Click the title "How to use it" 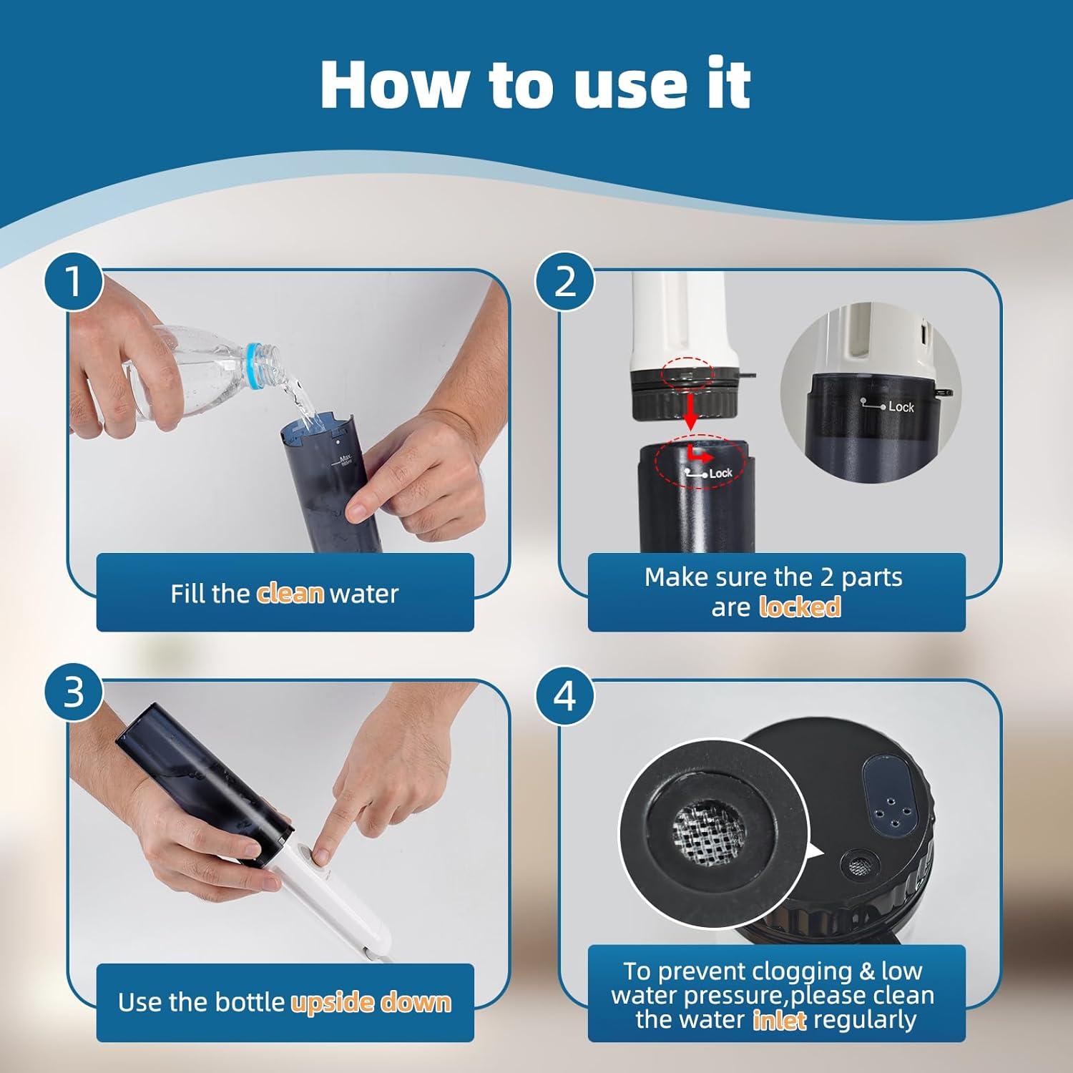pos(535,84)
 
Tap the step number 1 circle pos(74,282)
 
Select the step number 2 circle pos(565,282)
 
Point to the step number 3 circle pos(74,692)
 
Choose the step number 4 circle pos(565,695)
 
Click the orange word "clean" pos(290,594)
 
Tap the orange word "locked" pos(799,607)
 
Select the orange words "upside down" pos(371,1002)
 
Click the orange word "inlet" pos(780,1019)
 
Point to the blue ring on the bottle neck pos(253,356)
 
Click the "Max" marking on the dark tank pos(346,459)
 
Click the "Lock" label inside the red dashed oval pos(720,474)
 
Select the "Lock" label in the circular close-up pos(901,407)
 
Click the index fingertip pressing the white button pos(323,853)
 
